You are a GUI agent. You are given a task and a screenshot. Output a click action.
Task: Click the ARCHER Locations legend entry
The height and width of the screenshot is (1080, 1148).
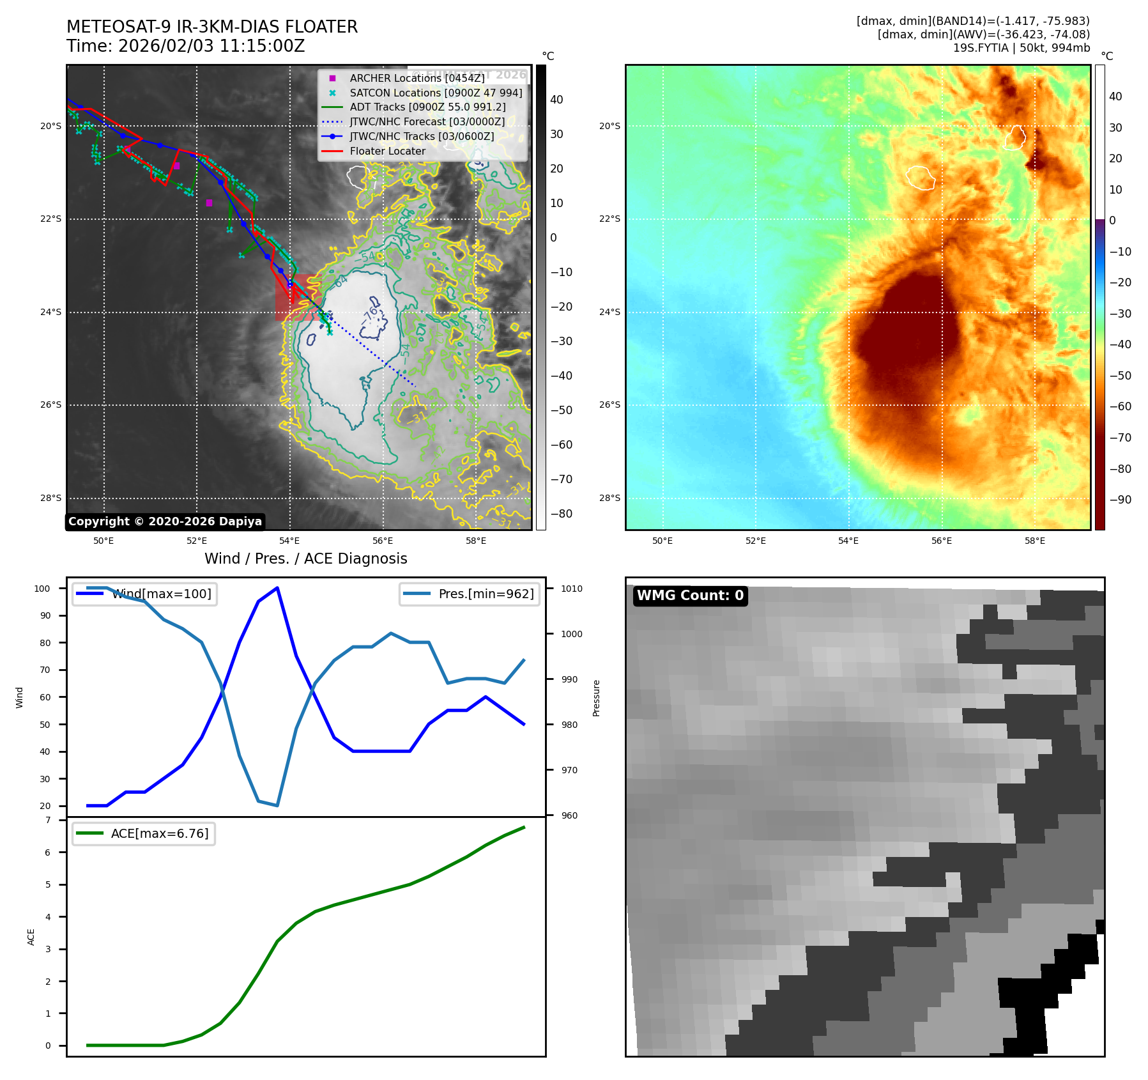(x=417, y=78)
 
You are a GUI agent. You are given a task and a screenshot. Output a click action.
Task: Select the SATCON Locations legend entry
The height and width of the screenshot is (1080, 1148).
(x=435, y=93)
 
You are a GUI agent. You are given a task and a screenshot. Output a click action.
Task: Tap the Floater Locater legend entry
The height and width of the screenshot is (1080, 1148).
(x=387, y=151)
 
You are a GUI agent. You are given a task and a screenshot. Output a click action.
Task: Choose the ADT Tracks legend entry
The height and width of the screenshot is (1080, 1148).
(x=427, y=107)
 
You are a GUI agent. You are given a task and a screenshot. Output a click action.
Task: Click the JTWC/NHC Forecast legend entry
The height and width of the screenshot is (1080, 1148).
(x=427, y=122)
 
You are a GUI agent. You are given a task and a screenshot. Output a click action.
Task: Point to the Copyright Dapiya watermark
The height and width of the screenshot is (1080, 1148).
(x=165, y=521)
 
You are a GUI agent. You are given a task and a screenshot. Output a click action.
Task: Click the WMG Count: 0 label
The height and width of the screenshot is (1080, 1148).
(x=690, y=596)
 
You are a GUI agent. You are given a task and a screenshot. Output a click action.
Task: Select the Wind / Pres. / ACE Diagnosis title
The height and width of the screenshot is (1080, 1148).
(x=305, y=559)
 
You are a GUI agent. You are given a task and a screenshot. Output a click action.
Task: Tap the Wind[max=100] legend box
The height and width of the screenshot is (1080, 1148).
(x=144, y=594)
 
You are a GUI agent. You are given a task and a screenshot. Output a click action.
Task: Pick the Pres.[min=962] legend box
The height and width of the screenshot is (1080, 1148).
(x=470, y=594)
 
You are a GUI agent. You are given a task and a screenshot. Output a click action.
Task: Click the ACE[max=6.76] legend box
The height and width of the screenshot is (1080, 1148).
(x=144, y=834)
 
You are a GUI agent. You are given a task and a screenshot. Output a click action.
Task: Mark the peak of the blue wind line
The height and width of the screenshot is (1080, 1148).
(x=277, y=588)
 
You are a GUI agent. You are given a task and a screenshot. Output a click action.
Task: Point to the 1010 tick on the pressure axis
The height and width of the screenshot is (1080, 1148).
(x=572, y=589)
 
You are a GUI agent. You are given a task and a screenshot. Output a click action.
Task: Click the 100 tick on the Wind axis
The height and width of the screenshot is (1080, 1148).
(x=42, y=589)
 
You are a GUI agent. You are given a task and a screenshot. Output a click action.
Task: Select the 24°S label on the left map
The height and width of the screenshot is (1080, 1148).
(x=51, y=312)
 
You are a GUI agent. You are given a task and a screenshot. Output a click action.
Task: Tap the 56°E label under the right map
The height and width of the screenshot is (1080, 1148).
(x=941, y=541)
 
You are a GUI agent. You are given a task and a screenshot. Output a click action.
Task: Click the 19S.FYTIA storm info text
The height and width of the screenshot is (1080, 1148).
(x=1021, y=48)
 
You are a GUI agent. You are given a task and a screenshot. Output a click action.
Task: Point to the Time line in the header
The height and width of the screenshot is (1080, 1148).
(x=185, y=47)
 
